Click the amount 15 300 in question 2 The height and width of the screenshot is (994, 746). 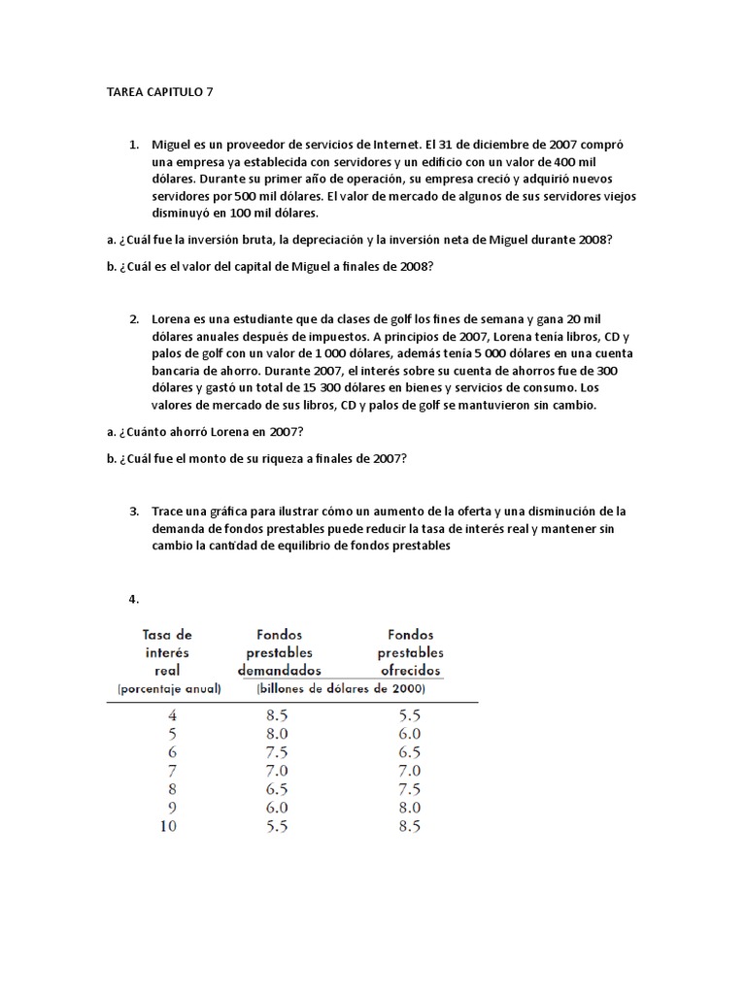310,387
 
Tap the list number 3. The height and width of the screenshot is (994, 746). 133,511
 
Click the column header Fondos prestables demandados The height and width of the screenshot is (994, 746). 279,651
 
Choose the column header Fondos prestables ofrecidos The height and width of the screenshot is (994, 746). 410,651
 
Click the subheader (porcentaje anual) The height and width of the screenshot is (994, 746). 168,689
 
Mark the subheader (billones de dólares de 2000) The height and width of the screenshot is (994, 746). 340,689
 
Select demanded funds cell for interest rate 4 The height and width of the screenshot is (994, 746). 280,715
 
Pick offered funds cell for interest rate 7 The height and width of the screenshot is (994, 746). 409,770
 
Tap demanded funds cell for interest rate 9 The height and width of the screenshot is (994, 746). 280,808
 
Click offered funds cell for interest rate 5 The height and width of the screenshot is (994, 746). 409,734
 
